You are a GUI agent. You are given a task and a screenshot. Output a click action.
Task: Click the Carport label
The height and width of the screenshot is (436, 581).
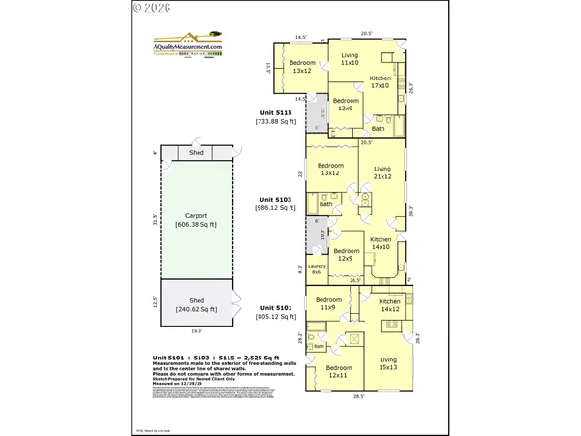tap(196, 219)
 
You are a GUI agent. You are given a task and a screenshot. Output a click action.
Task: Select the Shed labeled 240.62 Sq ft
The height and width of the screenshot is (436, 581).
tap(196, 304)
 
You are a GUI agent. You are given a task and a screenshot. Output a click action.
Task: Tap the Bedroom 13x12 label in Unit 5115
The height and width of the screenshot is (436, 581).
tap(302, 66)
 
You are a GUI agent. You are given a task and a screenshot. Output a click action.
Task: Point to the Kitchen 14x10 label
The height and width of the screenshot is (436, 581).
tap(381, 242)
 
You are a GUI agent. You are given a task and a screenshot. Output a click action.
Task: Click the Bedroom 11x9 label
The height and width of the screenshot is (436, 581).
tap(328, 304)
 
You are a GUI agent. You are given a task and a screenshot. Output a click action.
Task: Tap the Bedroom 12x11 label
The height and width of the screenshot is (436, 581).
tap(338, 371)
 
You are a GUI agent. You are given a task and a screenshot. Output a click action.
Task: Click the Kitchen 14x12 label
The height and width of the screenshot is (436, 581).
tap(389, 305)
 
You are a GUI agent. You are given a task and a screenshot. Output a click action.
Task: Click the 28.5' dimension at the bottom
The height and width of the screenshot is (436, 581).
tap(358, 397)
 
